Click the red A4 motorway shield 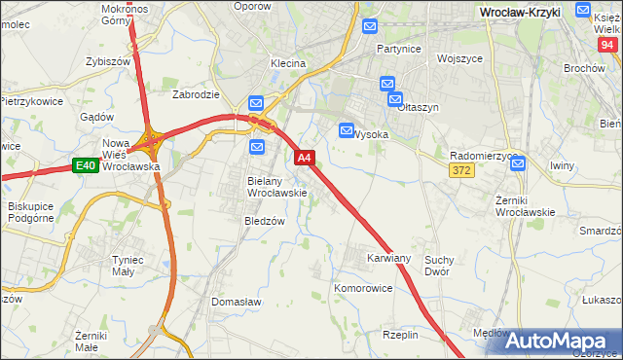[304, 157]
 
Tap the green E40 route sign [85, 166]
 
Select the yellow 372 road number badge [461, 170]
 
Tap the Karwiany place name [388, 259]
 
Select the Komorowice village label [363, 289]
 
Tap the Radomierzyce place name [484, 156]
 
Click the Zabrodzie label [195, 95]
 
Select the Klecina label [288, 63]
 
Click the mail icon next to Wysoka [347, 130]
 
